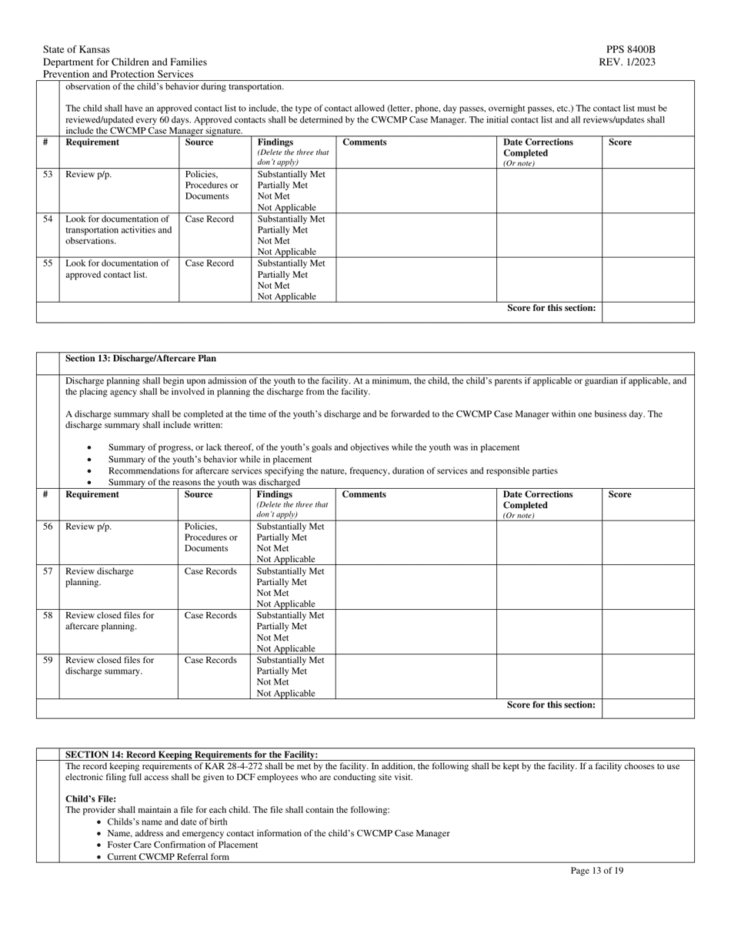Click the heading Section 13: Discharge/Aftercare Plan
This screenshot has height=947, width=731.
point(141,359)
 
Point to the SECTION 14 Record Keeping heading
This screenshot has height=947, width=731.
point(192,755)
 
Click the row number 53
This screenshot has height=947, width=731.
point(48,175)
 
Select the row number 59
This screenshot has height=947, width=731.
point(48,661)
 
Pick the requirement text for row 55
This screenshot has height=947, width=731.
point(117,269)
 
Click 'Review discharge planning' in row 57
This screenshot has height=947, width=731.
point(99,577)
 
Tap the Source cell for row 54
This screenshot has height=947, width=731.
point(209,219)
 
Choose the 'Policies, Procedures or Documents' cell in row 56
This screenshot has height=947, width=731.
point(211,537)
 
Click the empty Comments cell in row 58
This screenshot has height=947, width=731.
point(416,631)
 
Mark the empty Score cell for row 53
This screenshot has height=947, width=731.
point(647,190)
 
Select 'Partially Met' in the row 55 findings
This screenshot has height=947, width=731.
point(282,275)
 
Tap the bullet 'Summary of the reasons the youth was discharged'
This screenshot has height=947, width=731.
point(204,483)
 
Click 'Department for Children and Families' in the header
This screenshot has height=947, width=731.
point(125,62)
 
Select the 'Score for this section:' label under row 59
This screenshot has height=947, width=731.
point(551,705)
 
